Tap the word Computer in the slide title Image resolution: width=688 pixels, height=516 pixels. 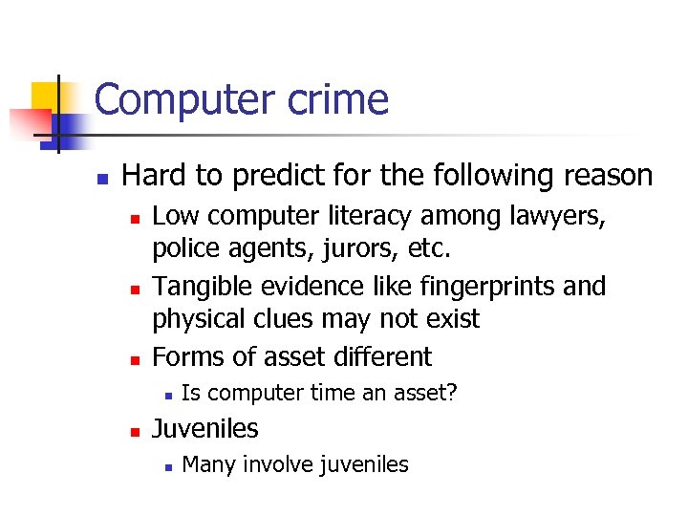point(178,99)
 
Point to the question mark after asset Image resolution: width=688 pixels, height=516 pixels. point(452,393)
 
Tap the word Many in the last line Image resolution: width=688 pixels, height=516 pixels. point(207,464)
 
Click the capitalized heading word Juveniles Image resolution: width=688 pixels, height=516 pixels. point(205,428)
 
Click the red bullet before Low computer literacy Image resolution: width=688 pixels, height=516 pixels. point(135,219)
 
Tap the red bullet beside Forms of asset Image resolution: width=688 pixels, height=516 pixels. point(135,359)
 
